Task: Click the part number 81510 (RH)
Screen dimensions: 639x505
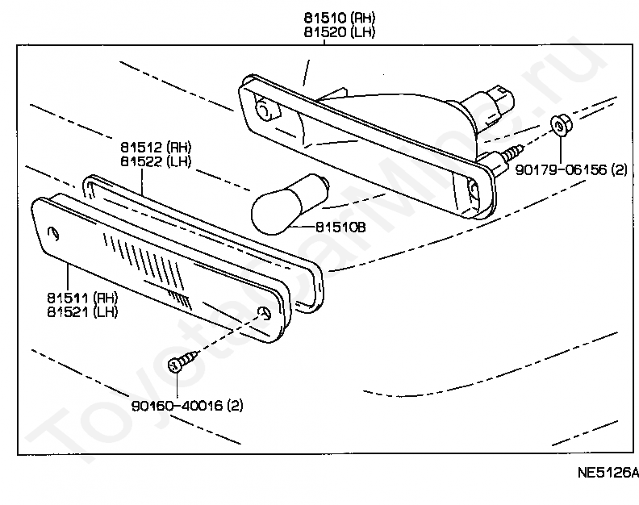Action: point(340,18)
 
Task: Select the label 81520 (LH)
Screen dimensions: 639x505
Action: point(340,32)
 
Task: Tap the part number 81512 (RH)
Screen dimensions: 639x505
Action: point(156,147)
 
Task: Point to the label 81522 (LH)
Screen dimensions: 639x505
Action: point(156,161)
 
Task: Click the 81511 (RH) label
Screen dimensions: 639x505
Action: point(82,298)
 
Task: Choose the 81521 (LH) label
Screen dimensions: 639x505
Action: point(82,312)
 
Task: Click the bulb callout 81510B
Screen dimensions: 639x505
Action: point(340,227)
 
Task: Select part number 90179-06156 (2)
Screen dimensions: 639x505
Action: point(571,169)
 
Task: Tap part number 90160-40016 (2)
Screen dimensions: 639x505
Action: point(187,406)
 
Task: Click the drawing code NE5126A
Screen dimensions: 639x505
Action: point(608,472)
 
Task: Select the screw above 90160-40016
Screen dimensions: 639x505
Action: point(183,361)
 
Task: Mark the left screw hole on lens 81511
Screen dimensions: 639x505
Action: point(53,232)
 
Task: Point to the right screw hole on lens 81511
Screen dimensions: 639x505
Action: point(265,313)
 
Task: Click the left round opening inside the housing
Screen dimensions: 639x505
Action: point(267,109)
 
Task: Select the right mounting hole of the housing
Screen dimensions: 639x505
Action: point(474,189)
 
